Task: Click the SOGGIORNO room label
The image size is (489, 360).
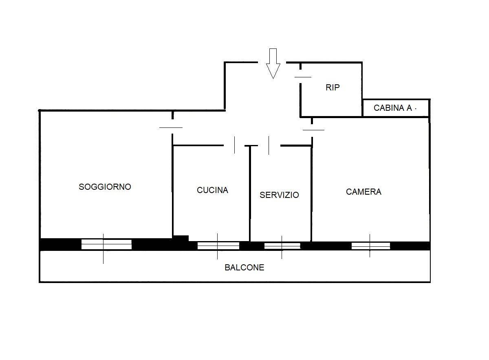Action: pos(105,187)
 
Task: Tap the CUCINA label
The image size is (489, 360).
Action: pos(212,190)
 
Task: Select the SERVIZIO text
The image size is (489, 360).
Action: pos(279,195)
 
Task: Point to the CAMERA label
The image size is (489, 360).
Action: pos(363,192)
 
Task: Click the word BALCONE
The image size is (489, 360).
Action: pos(244,268)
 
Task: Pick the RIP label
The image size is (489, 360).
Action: pos(333,88)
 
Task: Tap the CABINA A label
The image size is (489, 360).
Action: pos(393,108)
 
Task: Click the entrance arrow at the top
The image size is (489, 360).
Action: pos(273,64)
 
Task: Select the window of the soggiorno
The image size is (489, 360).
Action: pos(106,244)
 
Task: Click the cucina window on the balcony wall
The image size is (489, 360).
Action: pos(218,246)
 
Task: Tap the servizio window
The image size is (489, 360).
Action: pos(282,246)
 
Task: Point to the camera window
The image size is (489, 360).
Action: pos(371,246)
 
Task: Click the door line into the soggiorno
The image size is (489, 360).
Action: pos(171,127)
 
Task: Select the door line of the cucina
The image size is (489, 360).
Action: pos(234,145)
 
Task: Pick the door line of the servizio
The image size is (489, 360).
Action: pos(269,145)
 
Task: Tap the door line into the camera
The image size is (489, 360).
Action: pos(313,130)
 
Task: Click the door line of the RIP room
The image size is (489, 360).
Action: pos(303,77)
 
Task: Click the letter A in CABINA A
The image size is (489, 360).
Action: pos(409,108)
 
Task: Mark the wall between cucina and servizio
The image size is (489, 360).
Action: pos(250,193)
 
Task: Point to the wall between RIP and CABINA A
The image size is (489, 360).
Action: pos(362,108)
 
